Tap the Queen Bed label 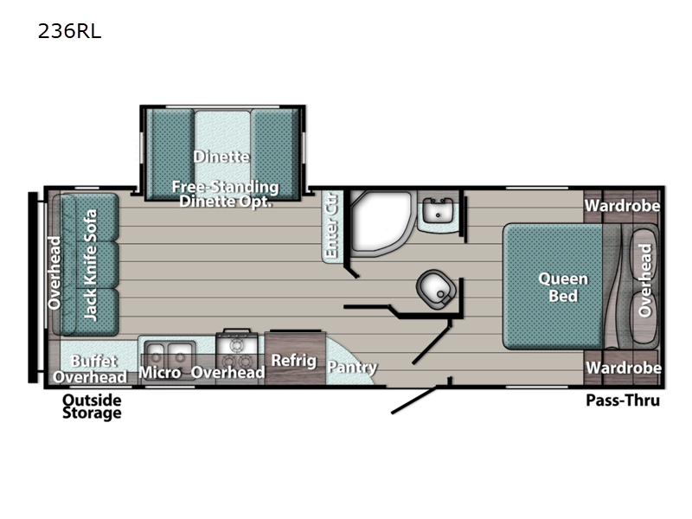[x=563, y=287]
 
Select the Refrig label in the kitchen [x=293, y=361]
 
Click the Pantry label [x=352, y=368]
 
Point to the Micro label [x=159, y=373]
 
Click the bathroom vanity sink [x=438, y=210]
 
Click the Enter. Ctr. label [x=331, y=227]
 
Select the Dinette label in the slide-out [x=222, y=157]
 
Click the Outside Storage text [x=92, y=407]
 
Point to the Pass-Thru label [x=623, y=400]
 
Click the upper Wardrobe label [x=622, y=206]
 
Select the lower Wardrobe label [x=623, y=368]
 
